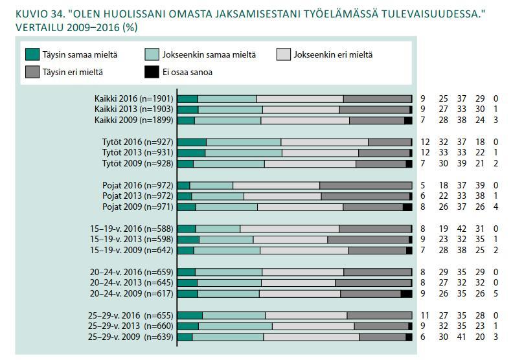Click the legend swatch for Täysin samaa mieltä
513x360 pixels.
[32, 54]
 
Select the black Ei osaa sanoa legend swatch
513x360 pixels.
[152, 72]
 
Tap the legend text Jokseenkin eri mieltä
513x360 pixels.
[333, 54]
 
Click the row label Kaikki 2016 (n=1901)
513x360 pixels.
[134, 99]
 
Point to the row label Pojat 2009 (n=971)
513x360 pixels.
[138, 207]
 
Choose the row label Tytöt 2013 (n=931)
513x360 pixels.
[138, 153]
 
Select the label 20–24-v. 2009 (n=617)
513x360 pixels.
[131, 293]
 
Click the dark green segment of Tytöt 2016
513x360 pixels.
[192, 142]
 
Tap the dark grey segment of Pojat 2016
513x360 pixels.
[366, 186]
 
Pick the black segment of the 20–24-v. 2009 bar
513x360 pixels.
[406, 294]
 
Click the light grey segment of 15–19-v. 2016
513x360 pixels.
[290, 229]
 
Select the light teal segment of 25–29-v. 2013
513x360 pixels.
[236, 326]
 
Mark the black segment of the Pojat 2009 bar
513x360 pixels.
[407, 207]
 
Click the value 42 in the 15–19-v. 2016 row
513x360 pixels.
[462, 229]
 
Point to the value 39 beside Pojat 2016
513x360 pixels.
[480, 185]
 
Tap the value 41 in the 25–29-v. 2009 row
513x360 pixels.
[462, 337]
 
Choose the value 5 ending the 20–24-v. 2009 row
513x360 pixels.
[496, 293]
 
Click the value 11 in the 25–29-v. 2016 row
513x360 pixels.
[425, 315]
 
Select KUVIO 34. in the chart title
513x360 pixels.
[40, 14]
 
